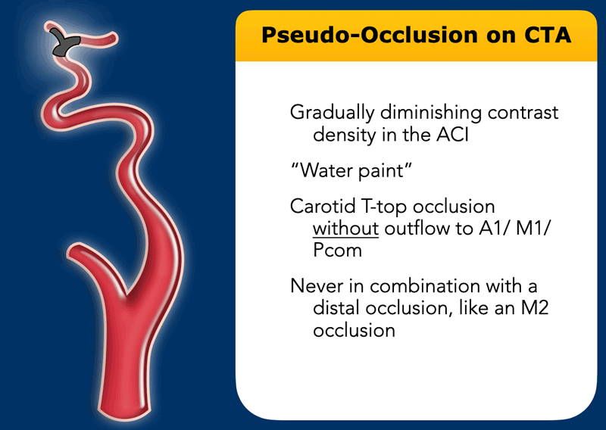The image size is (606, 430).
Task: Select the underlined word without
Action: [345, 229]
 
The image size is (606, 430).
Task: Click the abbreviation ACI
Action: [452, 135]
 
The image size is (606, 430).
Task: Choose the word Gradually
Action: [332, 114]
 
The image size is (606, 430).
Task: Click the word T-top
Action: [384, 207]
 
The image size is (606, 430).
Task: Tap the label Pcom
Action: [337, 251]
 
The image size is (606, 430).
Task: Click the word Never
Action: [317, 286]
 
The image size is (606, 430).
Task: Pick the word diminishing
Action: [431, 114]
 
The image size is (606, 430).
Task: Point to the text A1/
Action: [495, 229]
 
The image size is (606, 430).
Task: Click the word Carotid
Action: [323, 207]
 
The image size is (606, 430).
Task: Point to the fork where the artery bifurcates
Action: [127, 294]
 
